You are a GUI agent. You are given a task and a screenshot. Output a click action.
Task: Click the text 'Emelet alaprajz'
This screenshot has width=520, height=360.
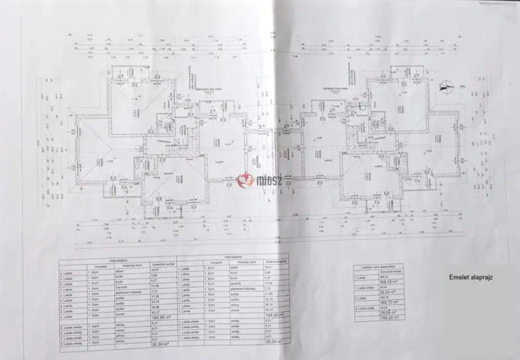coord(471,277)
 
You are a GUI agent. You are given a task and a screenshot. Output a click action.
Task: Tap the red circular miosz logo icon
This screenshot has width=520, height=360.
coord(245,180)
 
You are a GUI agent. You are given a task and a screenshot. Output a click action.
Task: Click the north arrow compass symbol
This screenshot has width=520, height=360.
coord(445,87)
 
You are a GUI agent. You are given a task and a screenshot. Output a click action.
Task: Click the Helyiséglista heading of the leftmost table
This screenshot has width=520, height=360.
coord(118,259)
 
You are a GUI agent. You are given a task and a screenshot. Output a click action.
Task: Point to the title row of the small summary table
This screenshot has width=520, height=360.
coord(378,266)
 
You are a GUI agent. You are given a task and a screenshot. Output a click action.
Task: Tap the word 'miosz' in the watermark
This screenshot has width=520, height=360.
coord(268,181)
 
